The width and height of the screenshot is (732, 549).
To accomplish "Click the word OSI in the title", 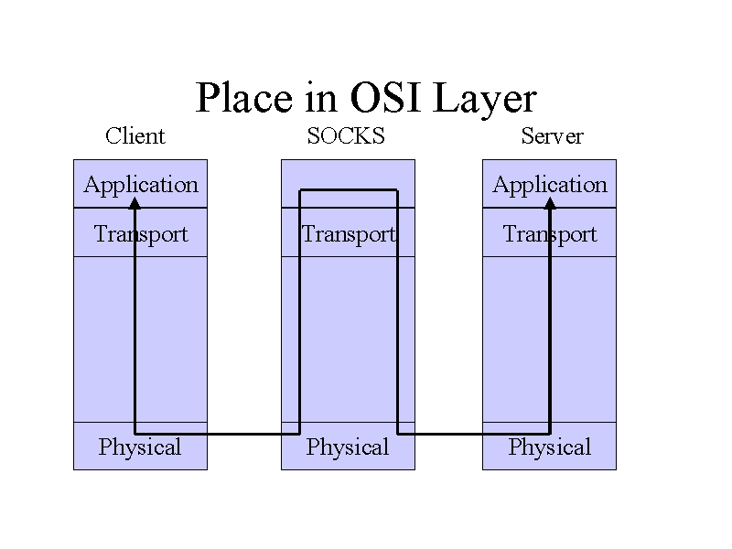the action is (385, 97).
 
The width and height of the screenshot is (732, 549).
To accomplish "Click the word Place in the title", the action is (243, 97).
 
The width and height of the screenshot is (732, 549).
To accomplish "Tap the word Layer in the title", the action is (485, 100).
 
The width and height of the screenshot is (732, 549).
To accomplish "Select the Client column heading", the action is (135, 135).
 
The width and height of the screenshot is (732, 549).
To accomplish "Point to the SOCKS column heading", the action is (346, 135).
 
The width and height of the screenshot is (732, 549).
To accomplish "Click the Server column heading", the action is (552, 135).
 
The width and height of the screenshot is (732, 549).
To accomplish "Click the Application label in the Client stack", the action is (141, 186).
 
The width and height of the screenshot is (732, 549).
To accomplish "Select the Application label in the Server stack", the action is (550, 186).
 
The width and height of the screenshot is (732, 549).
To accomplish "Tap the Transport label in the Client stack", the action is (141, 234).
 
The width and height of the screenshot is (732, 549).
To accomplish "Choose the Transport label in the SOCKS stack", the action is (350, 234).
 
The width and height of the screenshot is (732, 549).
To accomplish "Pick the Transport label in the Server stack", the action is (550, 234).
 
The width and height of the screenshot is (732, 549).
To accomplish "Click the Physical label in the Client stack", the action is (140, 447).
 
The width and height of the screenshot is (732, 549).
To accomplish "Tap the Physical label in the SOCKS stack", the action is (348, 447).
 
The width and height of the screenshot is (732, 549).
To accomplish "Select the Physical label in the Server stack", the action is (550, 447).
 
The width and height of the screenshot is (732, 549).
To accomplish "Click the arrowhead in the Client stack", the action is (135, 203).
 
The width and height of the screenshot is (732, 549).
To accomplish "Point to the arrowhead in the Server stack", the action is (551, 203).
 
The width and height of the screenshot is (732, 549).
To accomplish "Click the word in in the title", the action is (321, 97).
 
